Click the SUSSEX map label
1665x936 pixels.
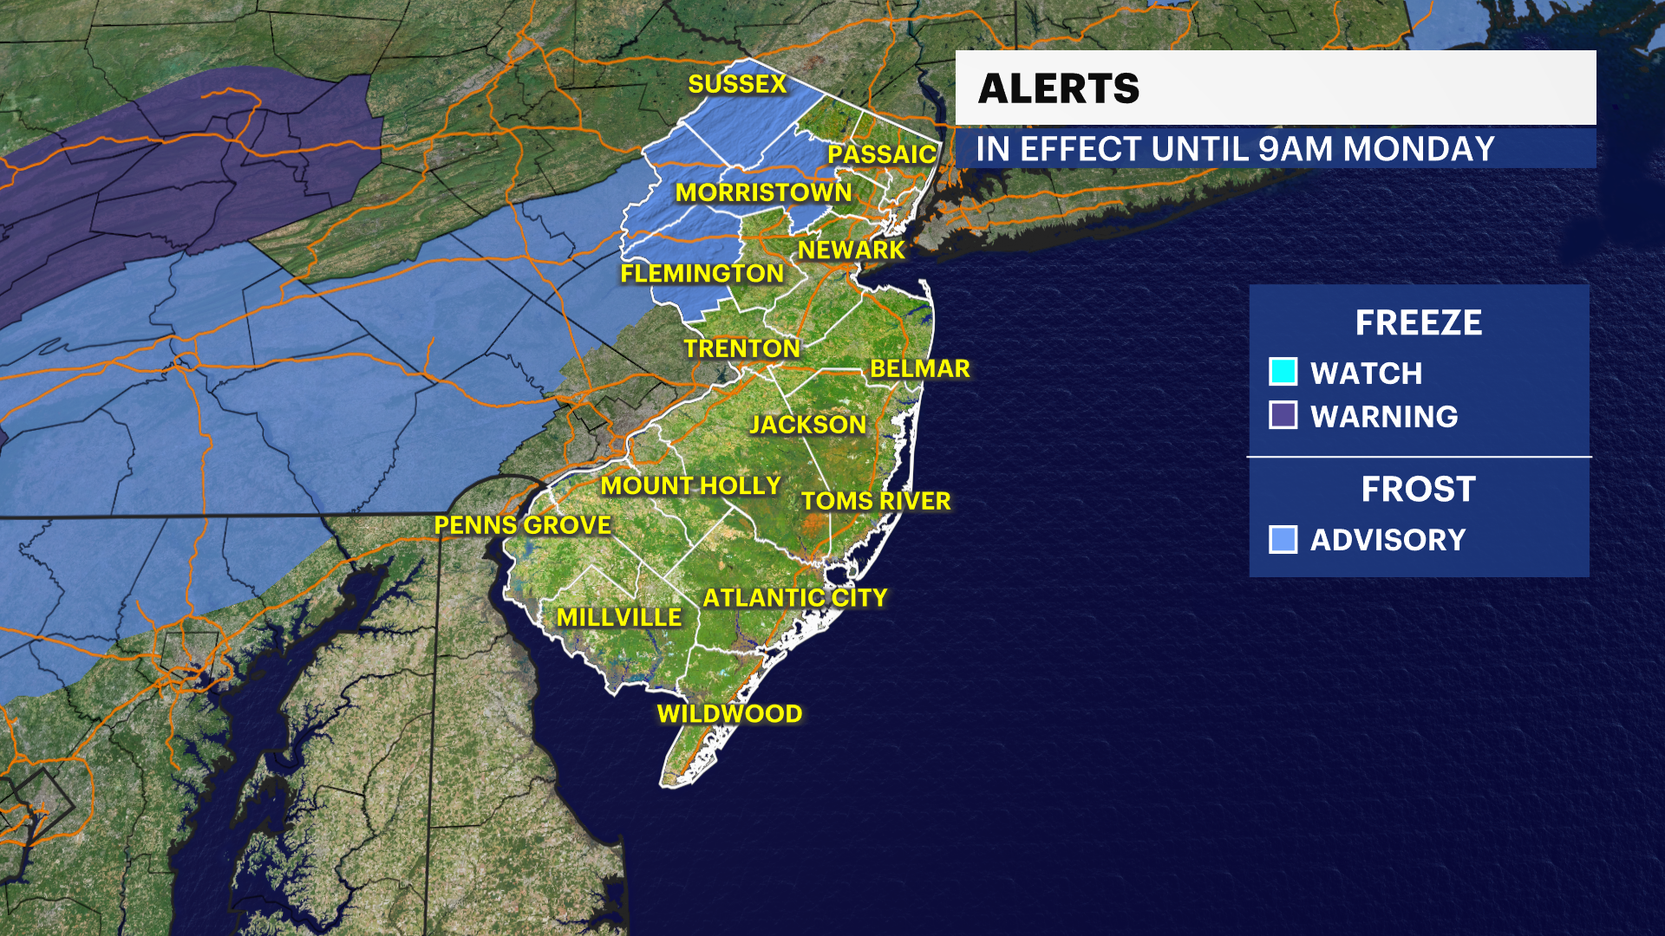coord(737,84)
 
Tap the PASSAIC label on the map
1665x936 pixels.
coord(881,154)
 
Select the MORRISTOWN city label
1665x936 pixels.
coord(763,192)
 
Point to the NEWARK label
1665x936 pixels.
coord(851,250)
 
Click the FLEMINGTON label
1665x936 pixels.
coord(702,274)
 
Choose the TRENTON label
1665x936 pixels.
coord(741,348)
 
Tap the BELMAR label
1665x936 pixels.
coord(919,369)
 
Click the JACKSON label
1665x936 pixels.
coord(807,425)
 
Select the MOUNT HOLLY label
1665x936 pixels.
coord(690,486)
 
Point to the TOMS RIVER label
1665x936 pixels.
coord(876,502)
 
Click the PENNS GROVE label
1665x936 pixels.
coord(522,525)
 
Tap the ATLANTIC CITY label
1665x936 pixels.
coord(794,598)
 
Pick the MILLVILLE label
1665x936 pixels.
coord(619,618)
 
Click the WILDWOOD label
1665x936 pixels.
coord(729,714)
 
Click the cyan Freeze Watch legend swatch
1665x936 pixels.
coord(1283,372)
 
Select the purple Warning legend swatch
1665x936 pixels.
coord(1283,415)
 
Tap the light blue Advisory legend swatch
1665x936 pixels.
coord(1283,539)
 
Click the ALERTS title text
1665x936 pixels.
coord(1059,88)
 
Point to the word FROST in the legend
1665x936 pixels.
coord(1418,490)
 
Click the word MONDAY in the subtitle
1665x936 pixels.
coord(1419,149)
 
